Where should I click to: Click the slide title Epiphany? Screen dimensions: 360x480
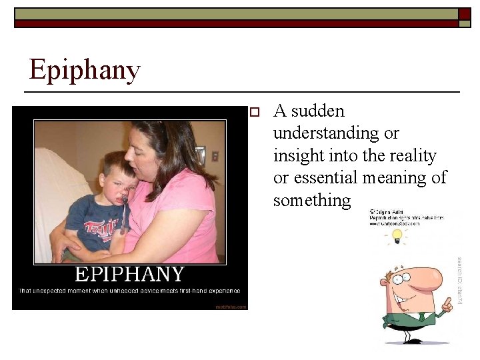(84, 70)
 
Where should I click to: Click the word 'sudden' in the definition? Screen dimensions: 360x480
(318, 111)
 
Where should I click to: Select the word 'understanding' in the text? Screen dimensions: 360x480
(325, 133)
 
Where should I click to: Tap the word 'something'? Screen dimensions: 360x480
(311, 200)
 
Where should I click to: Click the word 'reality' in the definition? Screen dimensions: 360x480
(411, 155)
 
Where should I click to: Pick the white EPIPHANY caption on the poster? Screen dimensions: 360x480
(129, 274)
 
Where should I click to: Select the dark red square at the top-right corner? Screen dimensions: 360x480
(465, 14)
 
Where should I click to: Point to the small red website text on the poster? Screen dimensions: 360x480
(231, 307)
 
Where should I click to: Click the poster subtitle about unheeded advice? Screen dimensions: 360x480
(129, 291)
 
